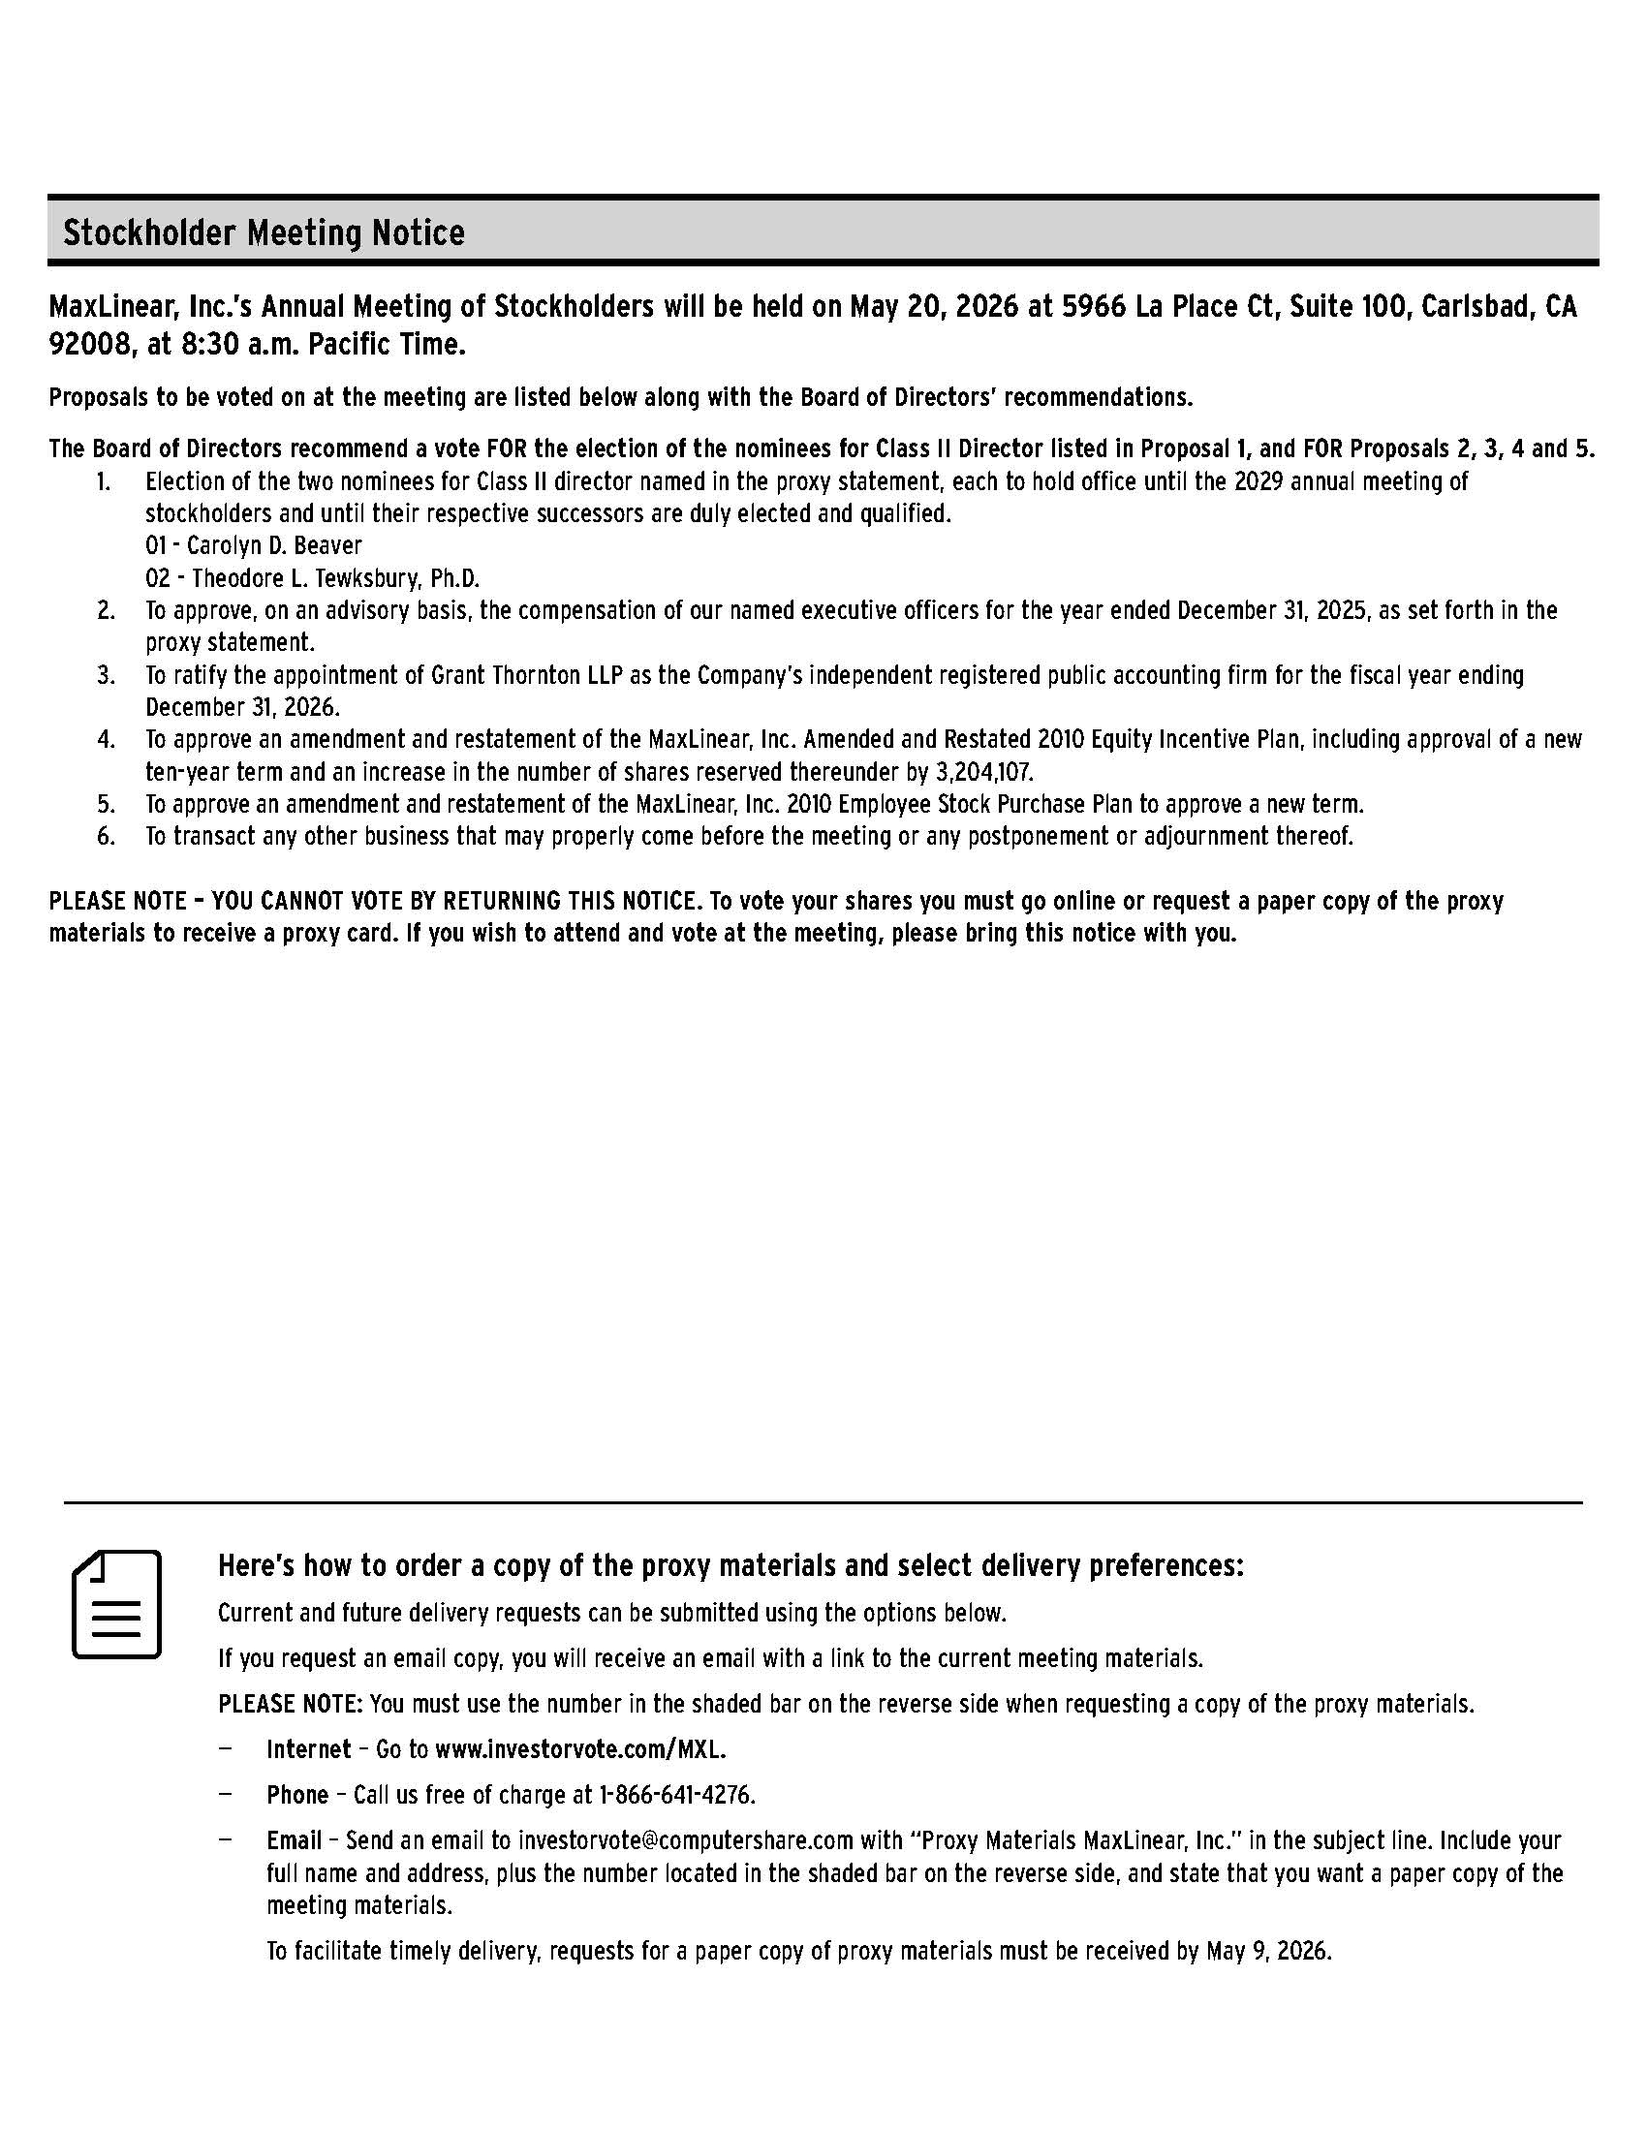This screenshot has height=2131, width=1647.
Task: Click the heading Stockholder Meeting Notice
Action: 264,233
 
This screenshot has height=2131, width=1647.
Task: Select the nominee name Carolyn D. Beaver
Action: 274,545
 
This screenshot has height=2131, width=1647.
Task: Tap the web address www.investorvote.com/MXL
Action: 579,1749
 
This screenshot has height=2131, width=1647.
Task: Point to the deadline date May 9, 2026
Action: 1267,1951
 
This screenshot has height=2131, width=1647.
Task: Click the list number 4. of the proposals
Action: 106,740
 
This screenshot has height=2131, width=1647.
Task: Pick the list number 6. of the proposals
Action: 106,836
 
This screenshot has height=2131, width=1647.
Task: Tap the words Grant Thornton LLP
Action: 527,675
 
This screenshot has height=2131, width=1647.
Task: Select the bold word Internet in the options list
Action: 308,1749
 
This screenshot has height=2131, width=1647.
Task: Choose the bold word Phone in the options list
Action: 297,1795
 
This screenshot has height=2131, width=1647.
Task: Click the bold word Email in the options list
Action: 294,1841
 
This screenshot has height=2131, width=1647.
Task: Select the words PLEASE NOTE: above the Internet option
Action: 291,1704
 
